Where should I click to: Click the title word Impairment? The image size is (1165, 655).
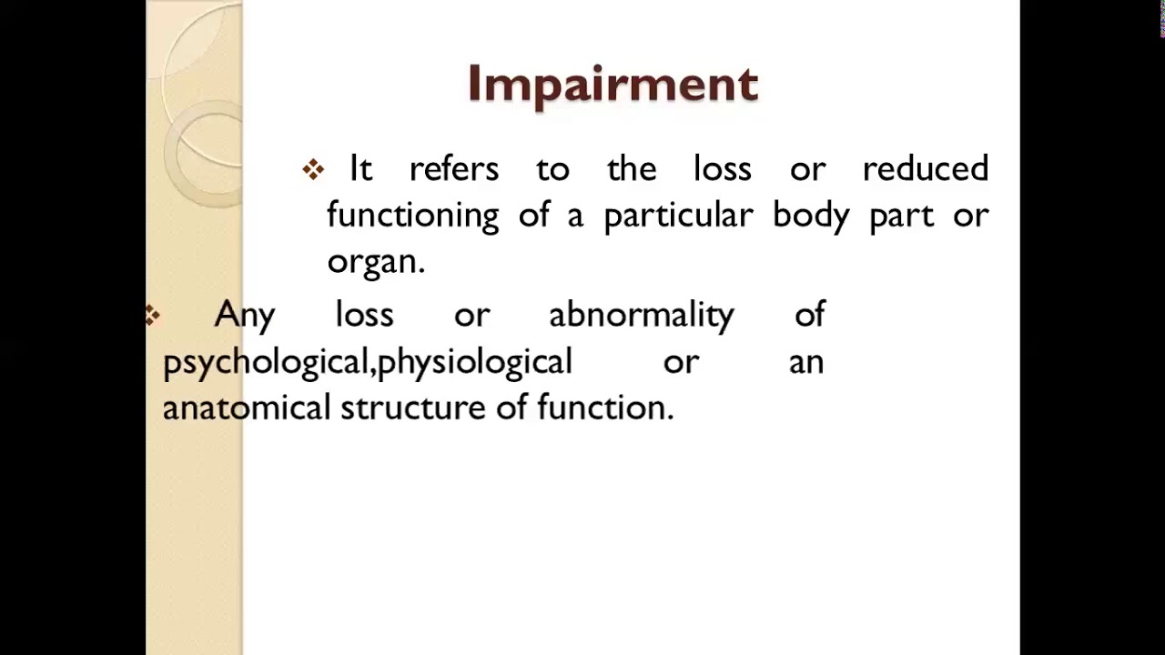tap(613, 85)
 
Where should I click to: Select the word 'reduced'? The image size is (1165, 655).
tap(925, 169)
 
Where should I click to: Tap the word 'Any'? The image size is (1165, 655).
tap(244, 316)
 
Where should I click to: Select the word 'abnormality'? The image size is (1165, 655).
tap(641, 316)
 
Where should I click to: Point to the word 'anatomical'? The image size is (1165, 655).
tap(246, 408)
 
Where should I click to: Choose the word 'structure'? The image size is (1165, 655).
tap(413, 408)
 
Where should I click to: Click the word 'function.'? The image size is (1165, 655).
tap(605, 408)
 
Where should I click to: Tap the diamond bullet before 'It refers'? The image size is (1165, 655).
tap(313, 169)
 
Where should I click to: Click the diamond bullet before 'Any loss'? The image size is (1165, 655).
tap(152, 316)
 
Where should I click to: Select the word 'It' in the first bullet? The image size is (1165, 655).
tap(360, 169)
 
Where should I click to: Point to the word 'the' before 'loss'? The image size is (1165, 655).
tap(631, 169)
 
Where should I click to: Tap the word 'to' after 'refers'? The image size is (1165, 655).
tap(552, 169)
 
